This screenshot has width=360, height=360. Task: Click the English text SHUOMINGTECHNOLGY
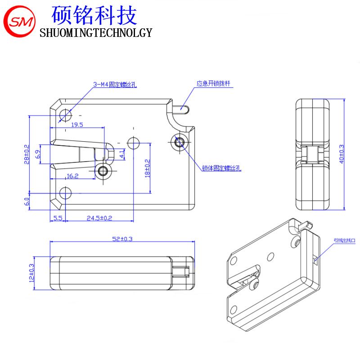[96, 33]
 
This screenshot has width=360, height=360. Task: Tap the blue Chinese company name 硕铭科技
[94, 15]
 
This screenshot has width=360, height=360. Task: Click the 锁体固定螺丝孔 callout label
[221, 168]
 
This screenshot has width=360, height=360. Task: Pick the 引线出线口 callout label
[344, 241]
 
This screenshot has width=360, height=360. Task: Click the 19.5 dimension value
[77, 125]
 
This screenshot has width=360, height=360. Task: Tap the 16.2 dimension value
[72, 176]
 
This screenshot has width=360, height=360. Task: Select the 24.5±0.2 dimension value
[99, 218]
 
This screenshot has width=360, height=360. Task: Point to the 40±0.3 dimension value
[341, 153]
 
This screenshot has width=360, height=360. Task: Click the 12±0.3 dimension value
[32, 272]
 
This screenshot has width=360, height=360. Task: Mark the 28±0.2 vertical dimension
[27, 154]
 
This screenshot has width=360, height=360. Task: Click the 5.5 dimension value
[58, 218]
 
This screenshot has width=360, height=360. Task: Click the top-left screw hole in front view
[66, 115]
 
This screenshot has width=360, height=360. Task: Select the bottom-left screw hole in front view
[66, 193]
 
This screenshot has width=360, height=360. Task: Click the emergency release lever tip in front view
[183, 108]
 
